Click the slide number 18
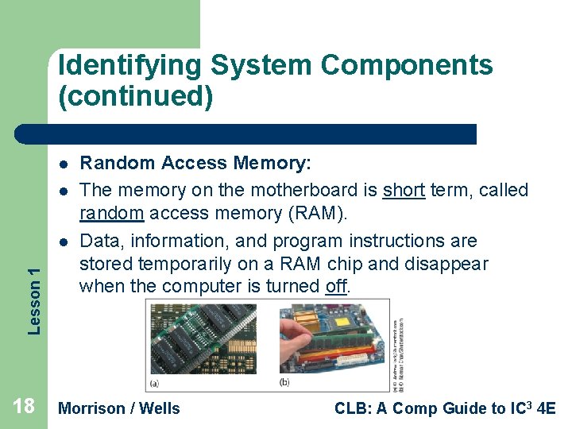(x=24, y=408)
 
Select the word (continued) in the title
(x=135, y=97)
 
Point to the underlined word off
(x=336, y=286)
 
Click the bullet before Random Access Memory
(x=62, y=164)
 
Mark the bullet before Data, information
(x=62, y=242)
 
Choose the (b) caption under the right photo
(x=285, y=383)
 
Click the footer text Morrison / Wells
(x=120, y=408)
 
